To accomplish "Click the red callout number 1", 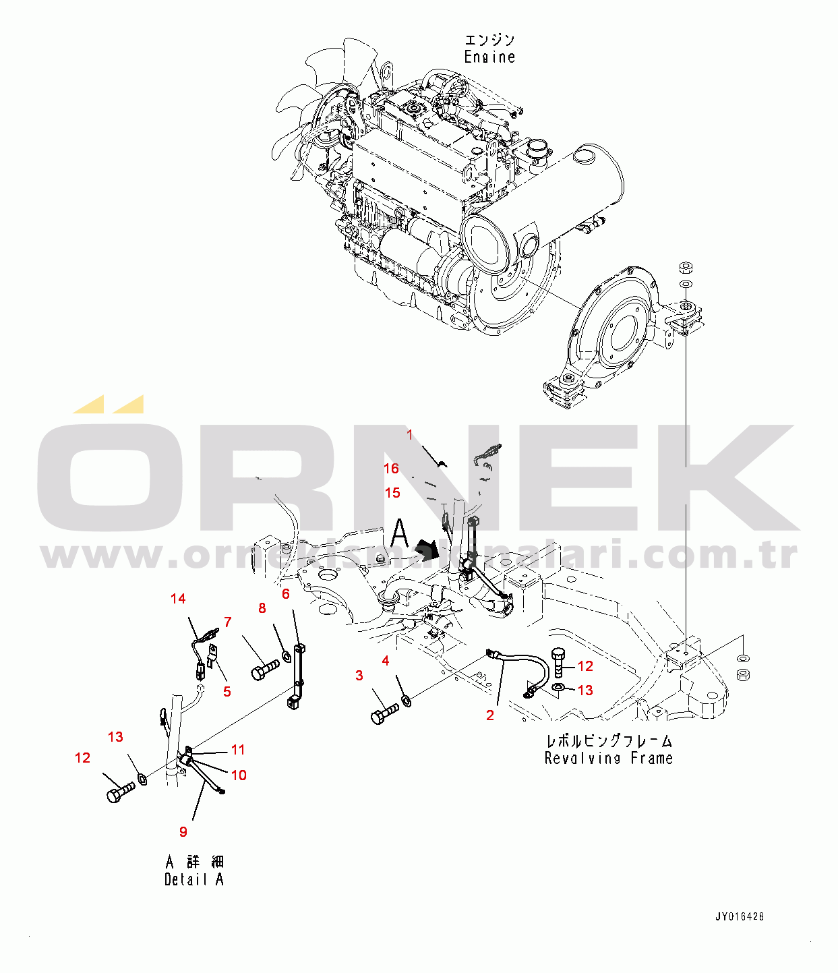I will (409, 436).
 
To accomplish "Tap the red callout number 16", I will (392, 469).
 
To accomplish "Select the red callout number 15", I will (392, 493).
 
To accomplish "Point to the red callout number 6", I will (286, 593).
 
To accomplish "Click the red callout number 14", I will (178, 599).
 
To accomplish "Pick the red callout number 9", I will (183, 832).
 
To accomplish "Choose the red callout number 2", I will (490, 715).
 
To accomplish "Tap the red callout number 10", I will (239, 775).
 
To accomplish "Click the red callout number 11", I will (238, 750).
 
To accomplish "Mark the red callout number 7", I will (228, 622).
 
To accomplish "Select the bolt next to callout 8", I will (264, 670).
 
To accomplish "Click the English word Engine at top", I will (489, 57).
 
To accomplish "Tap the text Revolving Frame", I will (608, 759).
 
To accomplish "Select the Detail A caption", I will (193, 879).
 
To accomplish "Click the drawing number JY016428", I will (740, 917).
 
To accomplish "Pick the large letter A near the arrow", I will (400, 533).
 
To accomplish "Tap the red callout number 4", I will (386, 661).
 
